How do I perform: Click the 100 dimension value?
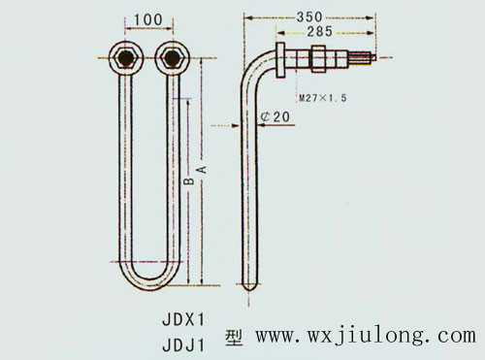point(147,19)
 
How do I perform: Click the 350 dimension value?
point(308,16)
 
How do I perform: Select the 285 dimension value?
point(321,32)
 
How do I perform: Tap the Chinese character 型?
point(234,338)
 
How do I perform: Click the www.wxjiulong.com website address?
point(365,337)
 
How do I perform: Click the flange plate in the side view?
point(281,61)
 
